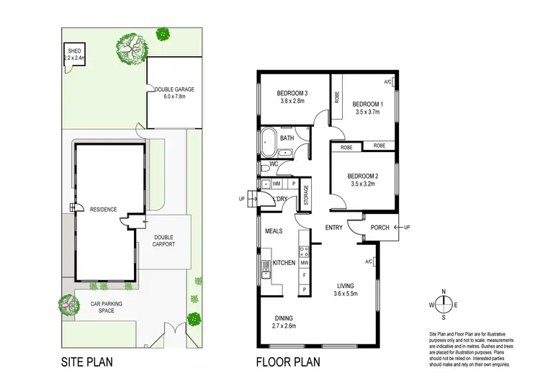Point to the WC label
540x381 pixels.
[x=274, y=164]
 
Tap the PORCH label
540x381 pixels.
[x=380, y=228]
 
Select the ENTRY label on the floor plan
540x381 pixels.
[x=334, y=228]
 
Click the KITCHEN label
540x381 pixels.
[x=284, y=263]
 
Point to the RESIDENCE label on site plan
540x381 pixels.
[x=104, y=210]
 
